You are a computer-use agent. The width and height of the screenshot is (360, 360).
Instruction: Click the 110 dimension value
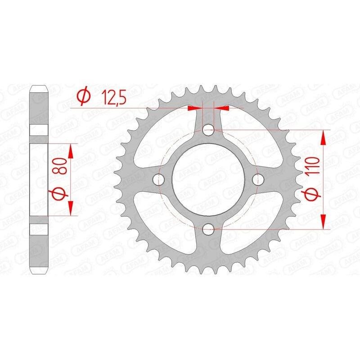(x=314, y=166)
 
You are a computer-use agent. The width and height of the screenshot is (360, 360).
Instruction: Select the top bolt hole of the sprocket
(x=207, y=130)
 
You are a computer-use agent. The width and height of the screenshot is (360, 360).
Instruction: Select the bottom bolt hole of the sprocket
(x=207, y=230)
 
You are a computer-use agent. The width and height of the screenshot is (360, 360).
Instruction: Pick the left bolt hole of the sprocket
(x=157, y=180)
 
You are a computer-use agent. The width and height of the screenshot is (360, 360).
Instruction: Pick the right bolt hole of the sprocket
(x=257, y=180)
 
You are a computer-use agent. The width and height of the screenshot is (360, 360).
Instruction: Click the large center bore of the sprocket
(x=207, y=180)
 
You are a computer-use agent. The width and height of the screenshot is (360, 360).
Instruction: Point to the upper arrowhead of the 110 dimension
(x=323, y=138)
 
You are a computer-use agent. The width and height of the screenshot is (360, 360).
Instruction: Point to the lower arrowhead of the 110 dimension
(x=323, y=222)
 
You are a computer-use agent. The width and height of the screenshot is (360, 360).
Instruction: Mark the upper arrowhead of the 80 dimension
(x=71, y=151)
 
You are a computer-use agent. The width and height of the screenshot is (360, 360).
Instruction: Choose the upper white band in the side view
(x=39, y=130)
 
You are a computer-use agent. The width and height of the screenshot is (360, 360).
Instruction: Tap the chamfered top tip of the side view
(x=39, y=86)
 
